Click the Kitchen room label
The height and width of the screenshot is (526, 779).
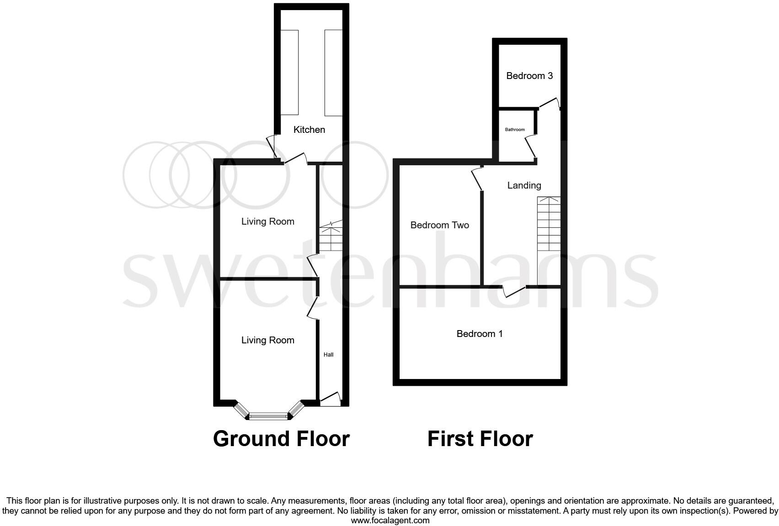[309, 130]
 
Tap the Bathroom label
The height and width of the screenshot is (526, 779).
[515, 130]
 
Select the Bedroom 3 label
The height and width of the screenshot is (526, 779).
[529, 76]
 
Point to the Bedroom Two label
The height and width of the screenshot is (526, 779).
[439, 225]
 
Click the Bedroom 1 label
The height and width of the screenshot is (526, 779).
[480, 334]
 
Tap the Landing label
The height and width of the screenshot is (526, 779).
[524, 185]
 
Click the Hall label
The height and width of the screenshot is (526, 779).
[328, 354]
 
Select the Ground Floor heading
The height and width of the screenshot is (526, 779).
[281, 439]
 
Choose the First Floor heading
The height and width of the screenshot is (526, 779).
[480, 439]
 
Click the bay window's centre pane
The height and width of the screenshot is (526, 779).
[269, 416]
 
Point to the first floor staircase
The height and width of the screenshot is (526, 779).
[549, 224]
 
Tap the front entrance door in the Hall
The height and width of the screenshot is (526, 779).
[331, 398]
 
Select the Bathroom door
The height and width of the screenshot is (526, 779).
[530, 147]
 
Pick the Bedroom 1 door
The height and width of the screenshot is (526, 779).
[514, 291]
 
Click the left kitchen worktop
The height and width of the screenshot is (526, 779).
[289, 72]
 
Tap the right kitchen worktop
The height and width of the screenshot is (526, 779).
[333, 72]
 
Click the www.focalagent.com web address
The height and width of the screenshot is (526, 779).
[390, 520]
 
